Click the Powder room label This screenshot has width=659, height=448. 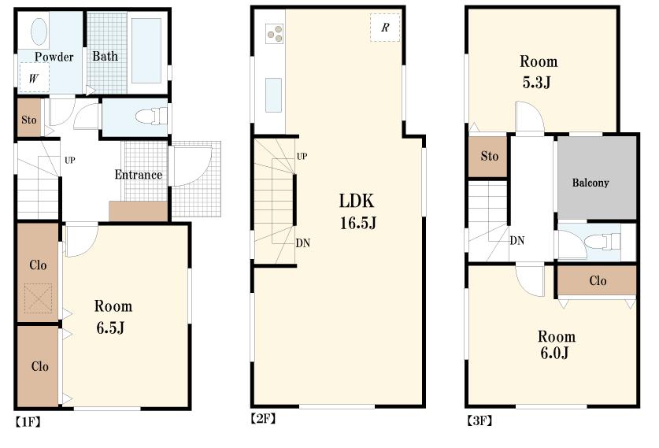[54, 57]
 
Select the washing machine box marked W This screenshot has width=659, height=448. [34, 78]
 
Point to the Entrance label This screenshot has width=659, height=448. [139, 175]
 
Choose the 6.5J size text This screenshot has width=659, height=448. [113, 327]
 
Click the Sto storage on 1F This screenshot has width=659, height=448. [29, 120]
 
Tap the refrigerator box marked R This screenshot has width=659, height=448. [385, 28]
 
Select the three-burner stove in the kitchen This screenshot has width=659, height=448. [276, 33]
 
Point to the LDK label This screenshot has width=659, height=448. [357, 201]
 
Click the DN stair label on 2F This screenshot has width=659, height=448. [303, 243]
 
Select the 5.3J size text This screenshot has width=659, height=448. [539, 81]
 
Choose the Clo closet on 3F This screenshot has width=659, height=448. [597, 280]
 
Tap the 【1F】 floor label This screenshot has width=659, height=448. [28, 421]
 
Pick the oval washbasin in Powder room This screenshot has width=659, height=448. [39, 33]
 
